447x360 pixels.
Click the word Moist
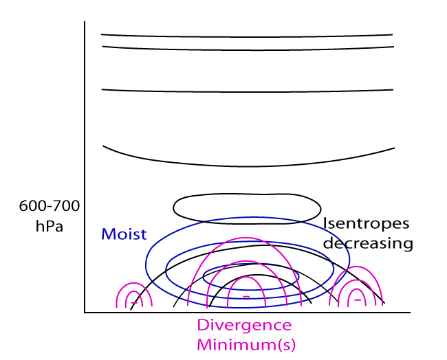[x=124, y=234]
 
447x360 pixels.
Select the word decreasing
[x=368, y=243]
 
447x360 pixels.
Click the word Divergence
[x=244, y=326]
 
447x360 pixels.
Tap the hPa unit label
[x=50, y=225]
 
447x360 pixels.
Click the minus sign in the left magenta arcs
[x=133, y=301]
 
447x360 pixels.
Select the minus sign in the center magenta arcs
[x=246, y=296]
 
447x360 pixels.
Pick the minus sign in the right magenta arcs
[x=357, y=300]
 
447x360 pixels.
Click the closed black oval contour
[x=246, y=195]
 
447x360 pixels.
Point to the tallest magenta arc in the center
[x=246, y=240]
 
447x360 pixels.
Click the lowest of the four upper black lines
[x=246, y=166]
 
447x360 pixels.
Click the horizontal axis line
[x=248, y=313]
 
